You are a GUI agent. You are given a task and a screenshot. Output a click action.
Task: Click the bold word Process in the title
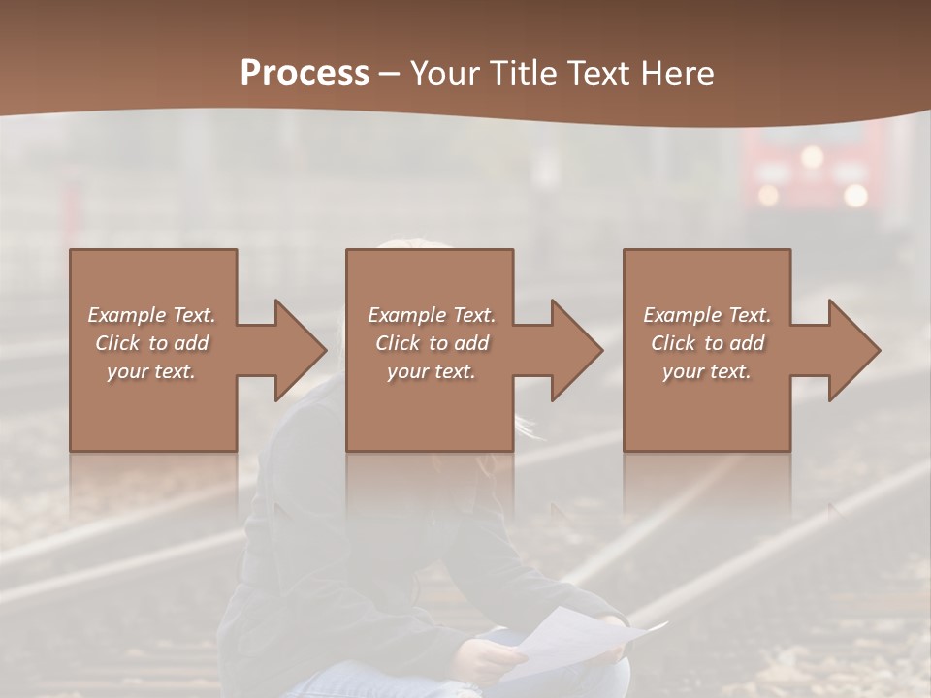click(305, 74)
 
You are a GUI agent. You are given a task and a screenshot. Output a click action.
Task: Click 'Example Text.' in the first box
click(151, 315)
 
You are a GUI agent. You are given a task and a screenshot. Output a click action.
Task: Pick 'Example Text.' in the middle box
click(431, 315)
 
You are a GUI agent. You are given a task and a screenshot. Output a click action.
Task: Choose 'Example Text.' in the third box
click(707, 315)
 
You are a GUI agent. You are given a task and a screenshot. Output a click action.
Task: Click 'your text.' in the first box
click(151, 371)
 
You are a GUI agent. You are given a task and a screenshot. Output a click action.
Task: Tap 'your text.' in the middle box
click(431, 371)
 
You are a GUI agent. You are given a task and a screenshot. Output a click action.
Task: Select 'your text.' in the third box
click(707, 371)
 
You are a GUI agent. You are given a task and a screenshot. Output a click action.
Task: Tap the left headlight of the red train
click(768, 195)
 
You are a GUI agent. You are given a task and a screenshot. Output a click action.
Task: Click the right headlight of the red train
click(854, 195)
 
